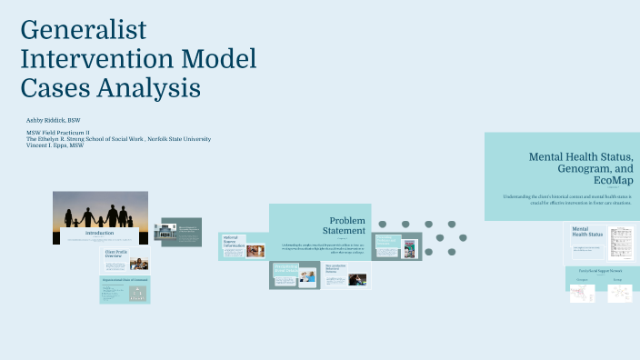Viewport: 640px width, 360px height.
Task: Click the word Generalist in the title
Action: click(x=83, y=29)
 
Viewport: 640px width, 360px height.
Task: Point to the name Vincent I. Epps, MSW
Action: click(x=55, y=145)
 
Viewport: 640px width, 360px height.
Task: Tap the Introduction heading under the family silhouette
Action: click(x=99, y=233)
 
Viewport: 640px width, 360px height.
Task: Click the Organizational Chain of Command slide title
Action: click(x=125, y=282)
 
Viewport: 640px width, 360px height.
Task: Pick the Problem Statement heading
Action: click(x=346, y=225)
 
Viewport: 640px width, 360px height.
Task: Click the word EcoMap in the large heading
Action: click(x=612, y=182)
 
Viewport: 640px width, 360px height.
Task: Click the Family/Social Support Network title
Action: click(x=599, y=271)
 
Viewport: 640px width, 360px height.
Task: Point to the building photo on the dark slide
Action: click(x=168, y=232)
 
